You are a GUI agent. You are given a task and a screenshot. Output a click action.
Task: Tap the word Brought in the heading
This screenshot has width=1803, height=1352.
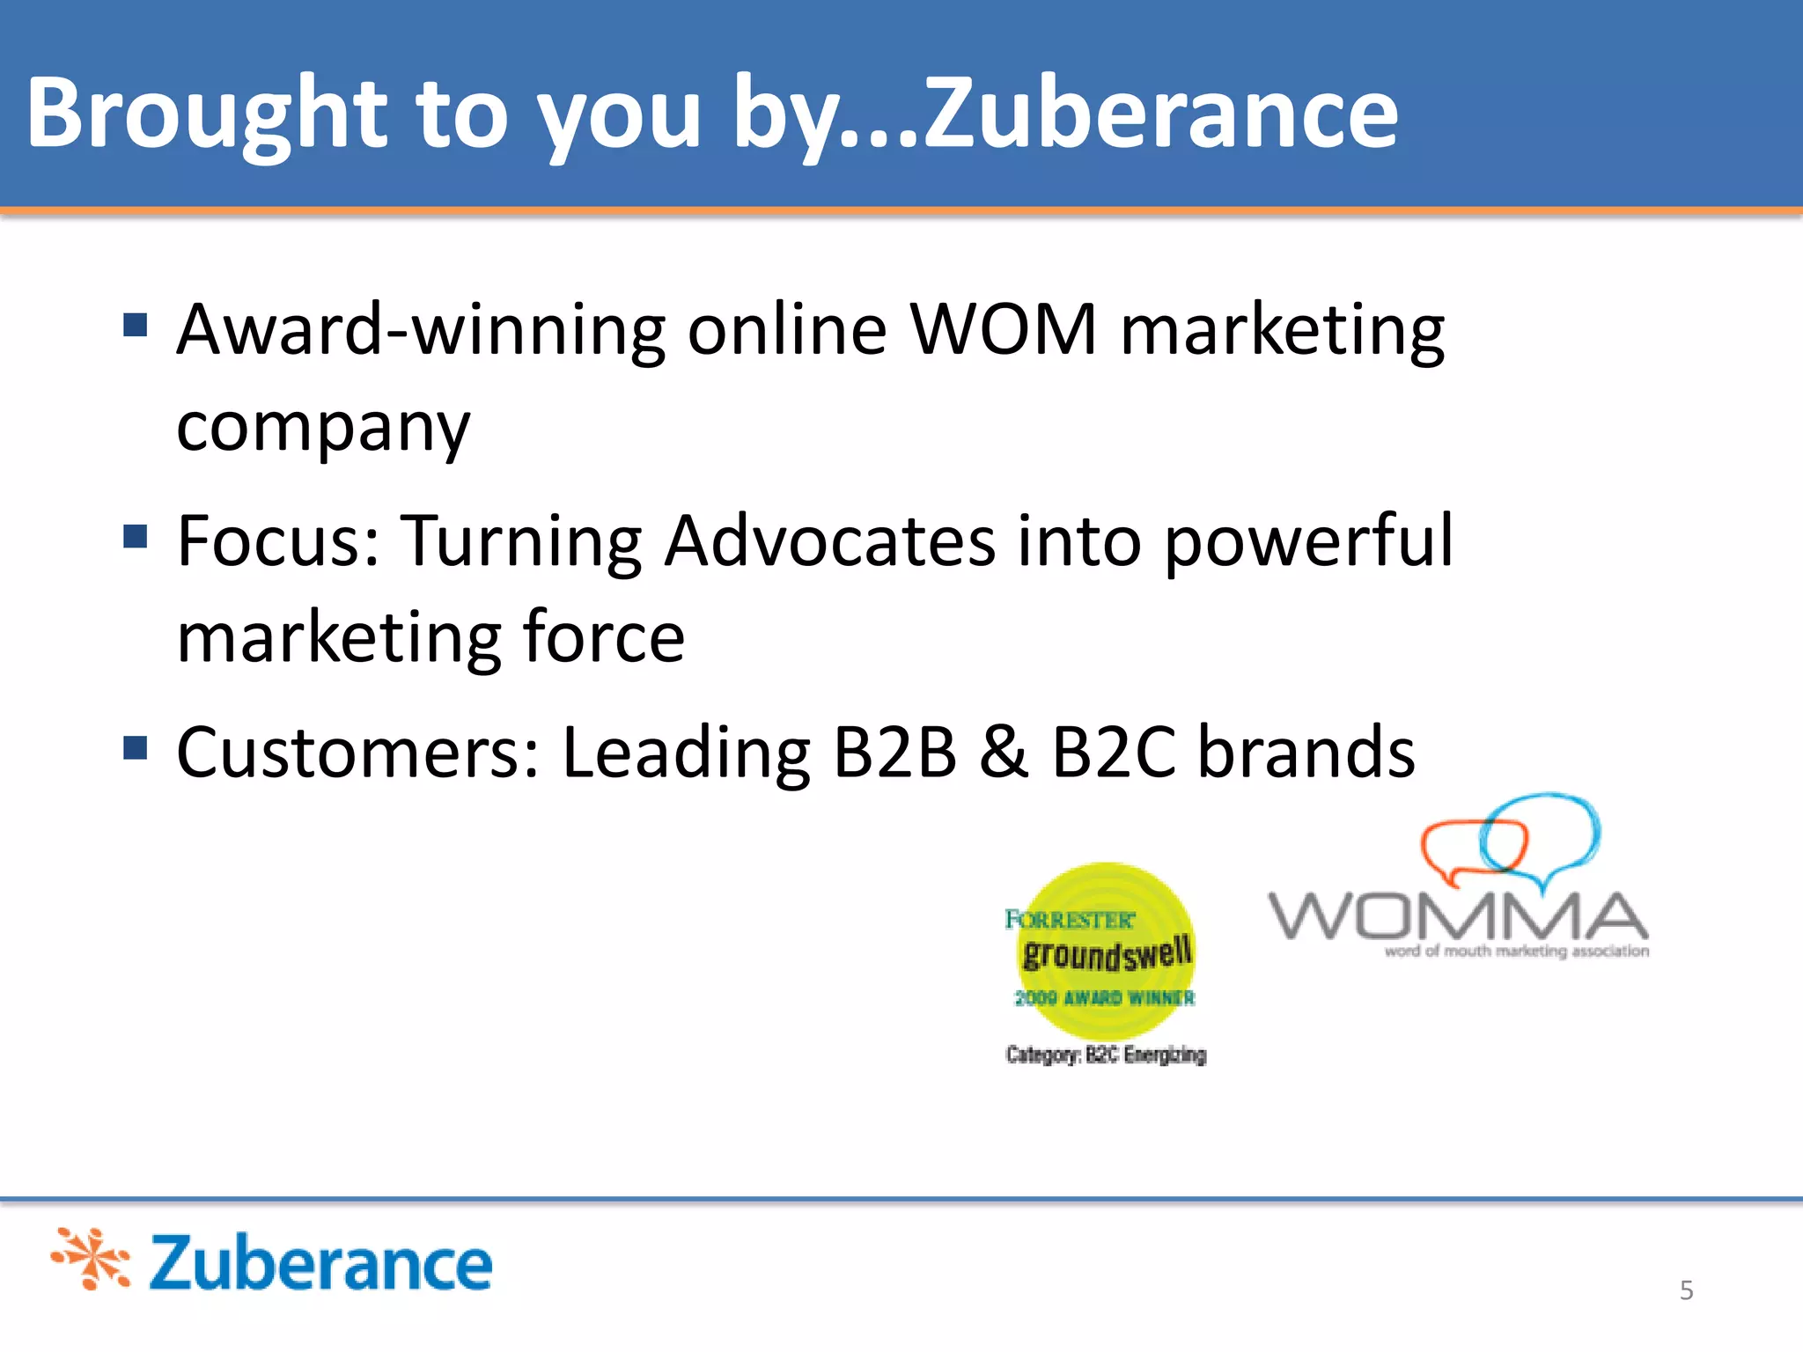pos(206,114)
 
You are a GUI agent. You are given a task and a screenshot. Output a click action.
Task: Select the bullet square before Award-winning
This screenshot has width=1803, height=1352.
pos(135,326)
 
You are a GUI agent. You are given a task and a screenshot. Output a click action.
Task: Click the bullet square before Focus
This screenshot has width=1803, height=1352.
pos(135,536)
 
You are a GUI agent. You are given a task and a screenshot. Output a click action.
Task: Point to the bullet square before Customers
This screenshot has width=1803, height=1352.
pos(135,747)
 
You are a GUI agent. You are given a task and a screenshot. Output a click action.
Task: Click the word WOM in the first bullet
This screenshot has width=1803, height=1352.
pos(1004,329)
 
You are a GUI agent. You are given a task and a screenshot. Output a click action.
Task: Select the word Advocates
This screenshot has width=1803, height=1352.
pos(829,540)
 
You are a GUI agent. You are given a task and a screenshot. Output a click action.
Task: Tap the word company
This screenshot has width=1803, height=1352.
pos(323,428)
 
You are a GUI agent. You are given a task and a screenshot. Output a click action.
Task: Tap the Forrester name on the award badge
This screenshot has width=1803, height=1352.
pos(1070,920)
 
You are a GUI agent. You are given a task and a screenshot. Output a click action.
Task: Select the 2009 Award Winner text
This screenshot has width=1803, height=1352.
pos(1105,997)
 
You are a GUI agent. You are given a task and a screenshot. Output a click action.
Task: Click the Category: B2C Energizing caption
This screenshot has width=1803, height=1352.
pos(1106,1054)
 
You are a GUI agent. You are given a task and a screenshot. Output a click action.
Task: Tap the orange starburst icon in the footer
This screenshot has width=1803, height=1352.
pos(91,1259)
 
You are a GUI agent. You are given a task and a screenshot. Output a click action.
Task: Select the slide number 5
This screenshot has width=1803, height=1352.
pos(1686,1290)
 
